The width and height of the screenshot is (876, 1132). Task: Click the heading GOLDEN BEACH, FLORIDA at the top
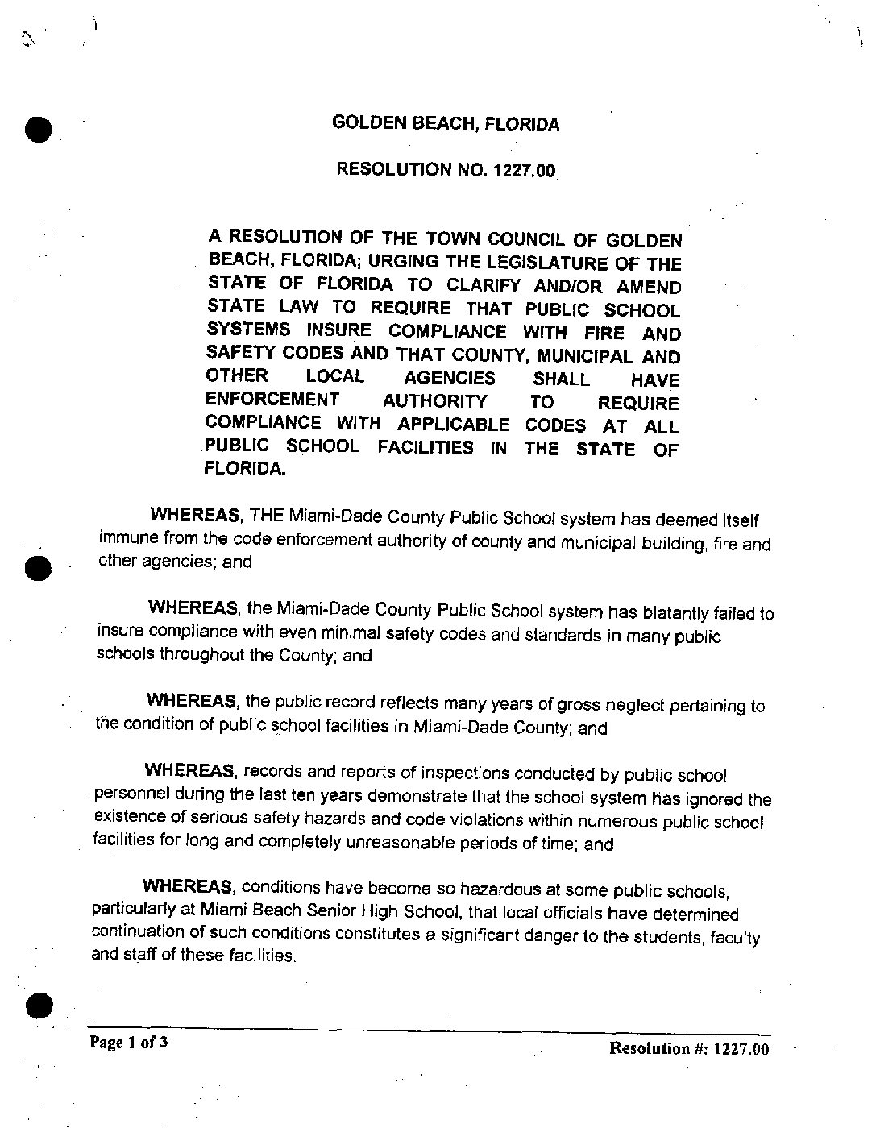(x=446, y=123)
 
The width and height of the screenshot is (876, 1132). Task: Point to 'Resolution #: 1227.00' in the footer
(x=689, y=1048)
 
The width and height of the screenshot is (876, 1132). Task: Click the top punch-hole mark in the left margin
(x=38, y=129)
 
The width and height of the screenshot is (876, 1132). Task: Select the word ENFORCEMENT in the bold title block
(x=272, y=400)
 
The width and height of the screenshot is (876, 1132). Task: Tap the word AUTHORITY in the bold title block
(x=434, y=401)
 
